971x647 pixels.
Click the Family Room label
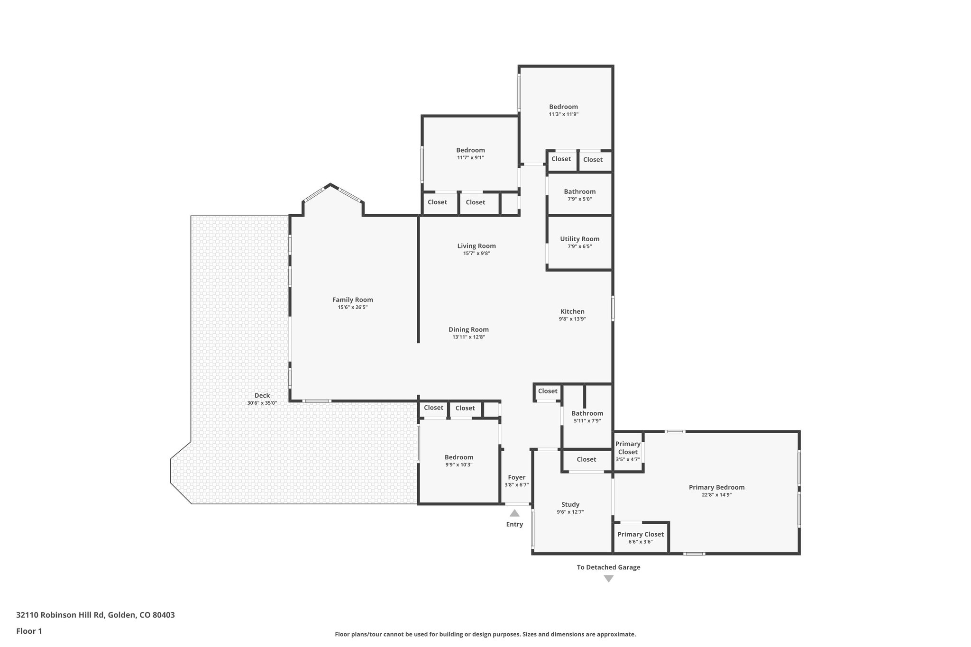coord(352,300)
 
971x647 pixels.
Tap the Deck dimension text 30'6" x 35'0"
coord(262,403)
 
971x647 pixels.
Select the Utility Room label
coord(579,239)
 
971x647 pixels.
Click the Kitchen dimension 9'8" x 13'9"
coord(572,319)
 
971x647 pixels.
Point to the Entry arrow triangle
coord(514,513)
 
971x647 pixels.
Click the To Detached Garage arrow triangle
coord(609,579)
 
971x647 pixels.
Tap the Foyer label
coord(516,477)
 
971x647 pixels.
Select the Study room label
coord(570,504)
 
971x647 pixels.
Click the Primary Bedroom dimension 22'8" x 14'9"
coord(716,495)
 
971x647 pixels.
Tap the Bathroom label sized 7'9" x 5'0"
coord(579,191)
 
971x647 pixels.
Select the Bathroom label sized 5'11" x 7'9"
coord(587,413)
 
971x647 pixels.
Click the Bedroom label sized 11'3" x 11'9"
coord(563,107)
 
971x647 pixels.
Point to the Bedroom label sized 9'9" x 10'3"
coord(458,457)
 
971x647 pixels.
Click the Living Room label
coord(476,246)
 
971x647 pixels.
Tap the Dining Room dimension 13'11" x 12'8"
coord(468,337)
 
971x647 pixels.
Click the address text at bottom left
coord(95,615)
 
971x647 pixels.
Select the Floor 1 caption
coord(29,631)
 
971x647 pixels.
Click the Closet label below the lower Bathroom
coord(586,459)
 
